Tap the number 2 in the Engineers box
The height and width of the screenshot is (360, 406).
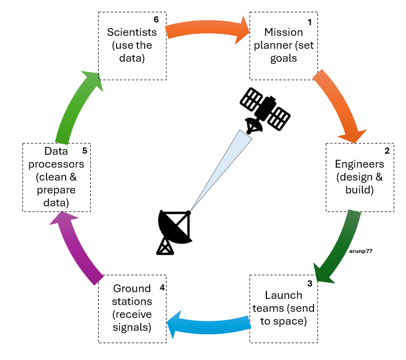tap(386, 151)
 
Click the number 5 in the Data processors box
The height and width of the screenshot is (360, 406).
tap(84, 151)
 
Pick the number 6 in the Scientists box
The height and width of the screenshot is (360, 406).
tap(156, 20)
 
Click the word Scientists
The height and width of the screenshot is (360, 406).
tap(132, 33)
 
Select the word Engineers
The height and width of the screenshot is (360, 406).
tap(359, 164)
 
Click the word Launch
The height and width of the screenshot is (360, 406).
tap(283, 296)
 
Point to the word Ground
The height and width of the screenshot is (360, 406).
tap(132, 289)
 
